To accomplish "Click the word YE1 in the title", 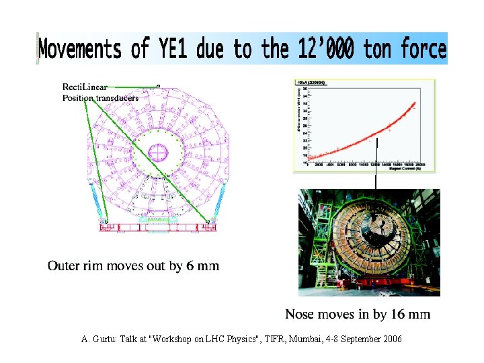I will pyautogui.click(x=167, y=50).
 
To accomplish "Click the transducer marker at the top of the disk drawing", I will pyautogui.click(x=158, y=86).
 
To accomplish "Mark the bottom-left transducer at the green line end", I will pyautogui.click(x=104, y=220).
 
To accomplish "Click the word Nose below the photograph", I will pyautogui.click(x=300, y=314).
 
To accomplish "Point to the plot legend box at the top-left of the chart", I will pyautogui.click(x=306, y=83).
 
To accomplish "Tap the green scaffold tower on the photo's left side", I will pyautogui.click(x=316, y=242).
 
